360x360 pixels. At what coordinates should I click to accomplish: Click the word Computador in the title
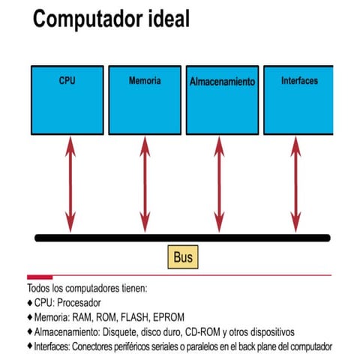click(x=88, y=19)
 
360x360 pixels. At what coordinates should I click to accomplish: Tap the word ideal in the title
click(x=169, y=19)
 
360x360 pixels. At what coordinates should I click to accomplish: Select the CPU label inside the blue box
click(x=67, y=80)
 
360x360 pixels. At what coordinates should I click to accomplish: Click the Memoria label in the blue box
click(x=145, y=80)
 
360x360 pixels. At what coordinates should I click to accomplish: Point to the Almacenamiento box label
click(x=222, y=82)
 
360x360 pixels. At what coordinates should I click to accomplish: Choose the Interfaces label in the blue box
click(x=299, y=80)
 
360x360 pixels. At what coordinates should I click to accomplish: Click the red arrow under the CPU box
click(x=70, y=184)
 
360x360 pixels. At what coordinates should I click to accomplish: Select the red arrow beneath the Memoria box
click(x=145, y=184)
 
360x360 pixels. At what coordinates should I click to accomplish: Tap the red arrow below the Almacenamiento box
click(x=219, y=184)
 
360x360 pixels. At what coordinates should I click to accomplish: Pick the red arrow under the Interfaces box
click(x=295, y=184)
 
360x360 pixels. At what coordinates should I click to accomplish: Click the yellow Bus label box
click(x=183, y=257)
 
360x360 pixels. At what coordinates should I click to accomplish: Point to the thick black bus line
click(x=182, y=238)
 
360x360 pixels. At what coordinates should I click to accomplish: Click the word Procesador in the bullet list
click(x=79, y=303)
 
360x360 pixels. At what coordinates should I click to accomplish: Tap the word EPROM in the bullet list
click(x=169, y=317)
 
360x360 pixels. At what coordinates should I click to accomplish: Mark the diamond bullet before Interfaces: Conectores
click(x=30, y=346)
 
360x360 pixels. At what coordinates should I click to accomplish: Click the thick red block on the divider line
click(x=40, y=277)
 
